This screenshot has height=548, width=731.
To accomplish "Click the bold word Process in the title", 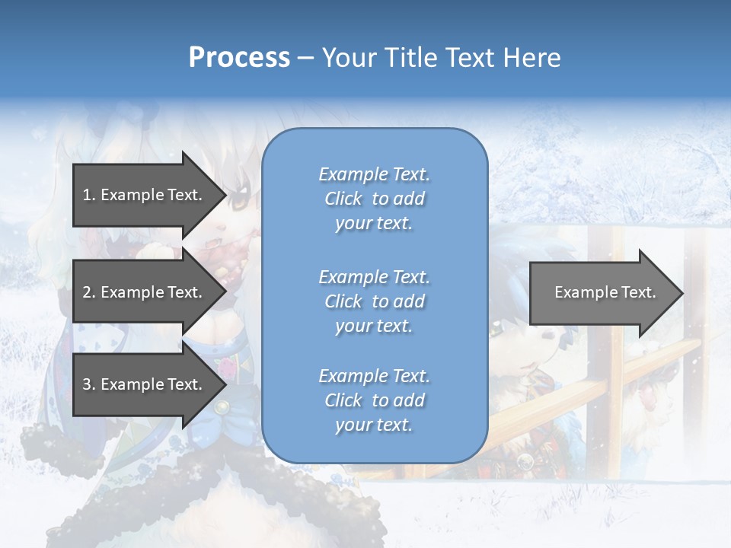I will pos(239,58).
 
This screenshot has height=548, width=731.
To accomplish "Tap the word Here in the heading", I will pos(531,58).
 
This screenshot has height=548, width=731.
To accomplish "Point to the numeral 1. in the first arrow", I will pos(88,195).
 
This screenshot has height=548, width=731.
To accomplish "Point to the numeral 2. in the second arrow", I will pos(88,292).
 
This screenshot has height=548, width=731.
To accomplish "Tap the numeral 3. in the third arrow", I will pos(88,384).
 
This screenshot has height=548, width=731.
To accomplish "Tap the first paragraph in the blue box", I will pos(374,199).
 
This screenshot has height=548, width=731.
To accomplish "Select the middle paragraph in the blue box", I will pos(374,301).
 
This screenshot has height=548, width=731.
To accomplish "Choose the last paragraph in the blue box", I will pos(374,400).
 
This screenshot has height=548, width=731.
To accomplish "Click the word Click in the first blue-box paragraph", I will pos(343,199).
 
